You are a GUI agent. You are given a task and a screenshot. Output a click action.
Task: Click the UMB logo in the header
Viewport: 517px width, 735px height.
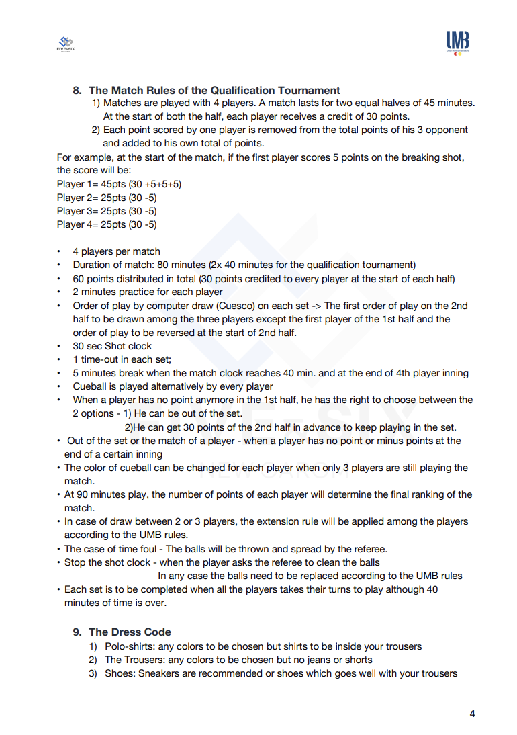tap(457, 42)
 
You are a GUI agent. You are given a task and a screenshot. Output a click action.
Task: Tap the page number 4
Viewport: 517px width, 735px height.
tap(472, 714)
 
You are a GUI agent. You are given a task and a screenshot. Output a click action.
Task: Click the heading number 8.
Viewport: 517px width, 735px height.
tap(77, 90)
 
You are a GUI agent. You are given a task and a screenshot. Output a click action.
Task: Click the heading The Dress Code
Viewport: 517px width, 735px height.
tap(130, 632)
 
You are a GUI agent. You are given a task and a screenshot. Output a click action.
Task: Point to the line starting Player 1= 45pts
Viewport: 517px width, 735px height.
tap(119, 184)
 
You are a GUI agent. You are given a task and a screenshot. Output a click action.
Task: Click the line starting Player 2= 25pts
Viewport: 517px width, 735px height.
tap(107, 198)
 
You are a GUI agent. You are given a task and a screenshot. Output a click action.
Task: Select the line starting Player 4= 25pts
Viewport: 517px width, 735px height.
tap(107, 224)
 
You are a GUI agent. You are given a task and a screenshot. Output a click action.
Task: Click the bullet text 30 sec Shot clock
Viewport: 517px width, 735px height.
tap(113, 346)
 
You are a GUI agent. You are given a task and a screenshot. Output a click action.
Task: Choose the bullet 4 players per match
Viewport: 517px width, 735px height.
tap(117, 251)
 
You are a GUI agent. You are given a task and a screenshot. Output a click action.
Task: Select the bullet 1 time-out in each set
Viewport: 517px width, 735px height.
tap(122, 359)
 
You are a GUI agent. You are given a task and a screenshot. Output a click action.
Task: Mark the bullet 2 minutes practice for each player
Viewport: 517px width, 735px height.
tap(148, 292)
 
